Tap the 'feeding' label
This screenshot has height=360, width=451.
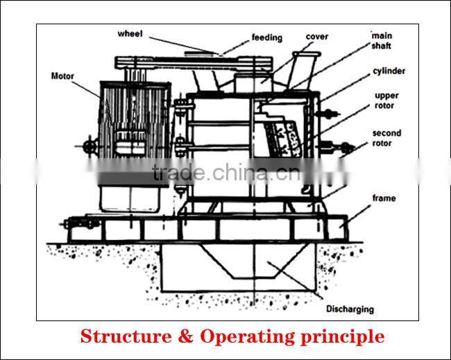(266, 37)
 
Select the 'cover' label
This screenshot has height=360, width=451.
(316, 37)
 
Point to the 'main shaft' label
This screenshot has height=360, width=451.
(382, 40)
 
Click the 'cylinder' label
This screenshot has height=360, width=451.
(389, 71)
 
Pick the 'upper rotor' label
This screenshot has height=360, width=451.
(386, 101)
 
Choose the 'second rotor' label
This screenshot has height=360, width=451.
(386, 138)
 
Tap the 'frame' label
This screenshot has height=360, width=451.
(384, 198)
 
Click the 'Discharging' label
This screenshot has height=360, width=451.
(350, 309)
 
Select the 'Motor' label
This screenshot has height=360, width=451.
(62, 76)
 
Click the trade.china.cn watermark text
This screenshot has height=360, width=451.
(226, 173)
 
